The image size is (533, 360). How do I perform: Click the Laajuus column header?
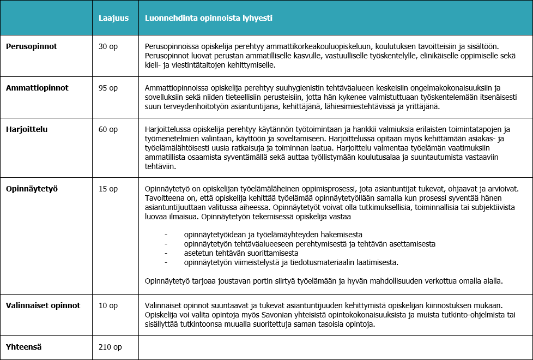[x=113, y=18]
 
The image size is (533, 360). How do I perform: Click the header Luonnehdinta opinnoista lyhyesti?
[x=208, y=18]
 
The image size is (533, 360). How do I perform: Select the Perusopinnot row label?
[x=32, y=46]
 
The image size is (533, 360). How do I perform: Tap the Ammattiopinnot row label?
[x=37, y=88]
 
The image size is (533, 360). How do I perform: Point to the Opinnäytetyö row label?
[x=32, y=189]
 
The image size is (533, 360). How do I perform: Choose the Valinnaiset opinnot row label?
[x=43, y=305]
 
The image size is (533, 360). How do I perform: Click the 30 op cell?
[x=108, y=46]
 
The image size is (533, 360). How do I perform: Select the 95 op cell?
[x=108, y=88]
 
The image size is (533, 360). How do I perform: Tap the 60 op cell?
[x=108, y=129]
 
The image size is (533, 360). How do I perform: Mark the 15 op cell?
[x=108, y=189]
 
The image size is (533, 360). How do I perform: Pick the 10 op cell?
[x=108, y=305]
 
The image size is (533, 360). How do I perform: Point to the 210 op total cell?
[x=110, y=346]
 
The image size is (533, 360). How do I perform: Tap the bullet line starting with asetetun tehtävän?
[x=241, y=253]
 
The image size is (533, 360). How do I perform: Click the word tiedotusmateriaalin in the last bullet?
[x=312, y=262]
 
